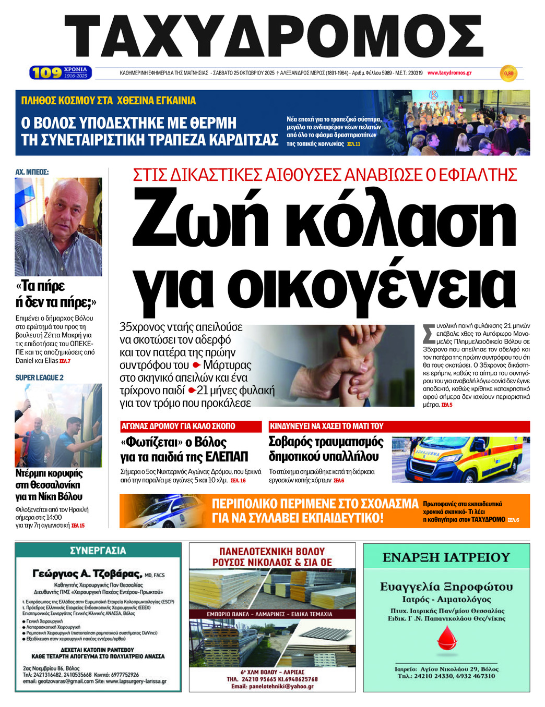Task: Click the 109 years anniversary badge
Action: coord(61,72)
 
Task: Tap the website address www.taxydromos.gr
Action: coord(449,73)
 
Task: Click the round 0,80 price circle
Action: coord(508,74)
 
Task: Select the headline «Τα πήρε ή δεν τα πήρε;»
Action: coord(56,294)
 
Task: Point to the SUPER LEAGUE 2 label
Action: coord(40,377)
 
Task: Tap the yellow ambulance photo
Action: coord(460,459)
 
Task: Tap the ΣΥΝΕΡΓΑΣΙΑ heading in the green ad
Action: coord(98,551)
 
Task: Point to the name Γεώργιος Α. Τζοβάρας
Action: coord(87,574)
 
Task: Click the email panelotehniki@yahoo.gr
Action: coord(272,686)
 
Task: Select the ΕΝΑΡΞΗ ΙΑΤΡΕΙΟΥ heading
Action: coord(446,557)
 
